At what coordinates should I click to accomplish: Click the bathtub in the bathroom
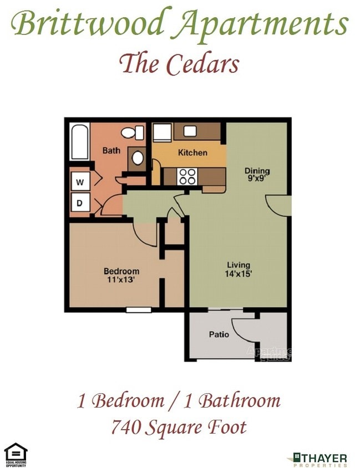(80, 141)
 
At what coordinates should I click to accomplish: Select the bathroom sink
(137, 158)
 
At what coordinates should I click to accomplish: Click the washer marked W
(80, 181)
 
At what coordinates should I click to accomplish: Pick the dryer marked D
(80, 203)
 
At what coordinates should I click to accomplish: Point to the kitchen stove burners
(187, 176)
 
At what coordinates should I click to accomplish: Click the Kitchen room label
(192, 152)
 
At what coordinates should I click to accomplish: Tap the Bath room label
(111, 150)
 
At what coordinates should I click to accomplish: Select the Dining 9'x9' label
(257, 174)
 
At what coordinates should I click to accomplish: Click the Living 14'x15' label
(239, 269)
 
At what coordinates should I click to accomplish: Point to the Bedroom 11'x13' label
(121, 275)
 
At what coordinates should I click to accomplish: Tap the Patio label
(219, 334)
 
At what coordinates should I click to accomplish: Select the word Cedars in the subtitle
(205, 64)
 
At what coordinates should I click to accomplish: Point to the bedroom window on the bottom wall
(139, 309)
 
